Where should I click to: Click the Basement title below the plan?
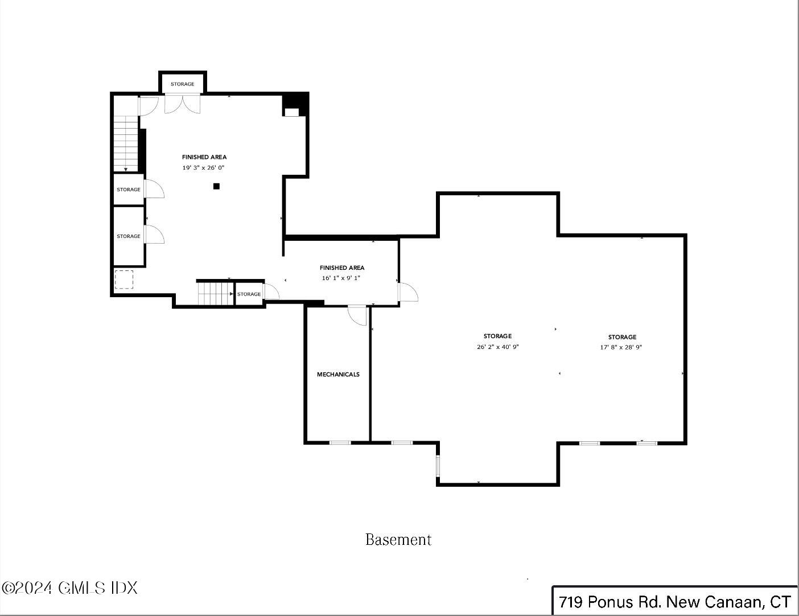[x=398, y=540]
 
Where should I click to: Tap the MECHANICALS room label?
[x=338, y=375]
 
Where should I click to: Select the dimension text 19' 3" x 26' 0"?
[x=203, y=168]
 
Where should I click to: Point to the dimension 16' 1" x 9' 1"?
[x=341, y=278]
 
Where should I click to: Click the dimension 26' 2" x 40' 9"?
[x=498, y=347]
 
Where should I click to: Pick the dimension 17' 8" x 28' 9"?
[x=621, y=347]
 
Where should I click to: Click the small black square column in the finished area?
[x=217, y=187]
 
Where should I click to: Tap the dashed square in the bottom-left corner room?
[x=124, y=280]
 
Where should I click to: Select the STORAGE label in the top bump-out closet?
[x=182, y=84]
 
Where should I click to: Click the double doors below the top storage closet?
[x=182, y=104]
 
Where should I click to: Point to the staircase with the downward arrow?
[x=126, y=143]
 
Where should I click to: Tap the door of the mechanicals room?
[x=357, y=315]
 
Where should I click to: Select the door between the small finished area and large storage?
[x=408, y=292]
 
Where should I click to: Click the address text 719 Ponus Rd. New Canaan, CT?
[x=675, y=602]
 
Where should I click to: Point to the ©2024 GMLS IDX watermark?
[x=70, y=588]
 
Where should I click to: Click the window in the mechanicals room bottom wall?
[x=340, y=443]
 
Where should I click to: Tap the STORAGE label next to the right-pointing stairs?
[x=249, y=294]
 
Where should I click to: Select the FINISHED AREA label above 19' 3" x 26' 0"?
[x=204, y=157]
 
